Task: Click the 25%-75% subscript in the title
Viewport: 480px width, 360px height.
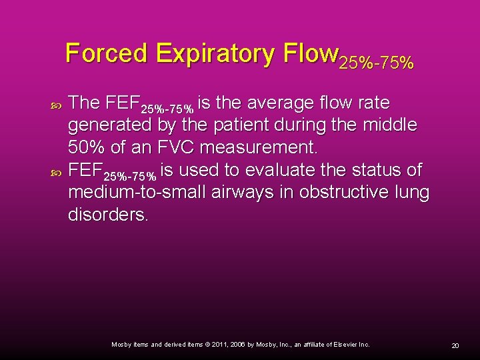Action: point(377,63)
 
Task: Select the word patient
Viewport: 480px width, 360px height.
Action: point(255,125)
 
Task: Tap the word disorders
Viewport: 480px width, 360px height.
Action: point(109,215)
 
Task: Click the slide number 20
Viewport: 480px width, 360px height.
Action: point(455,345)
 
